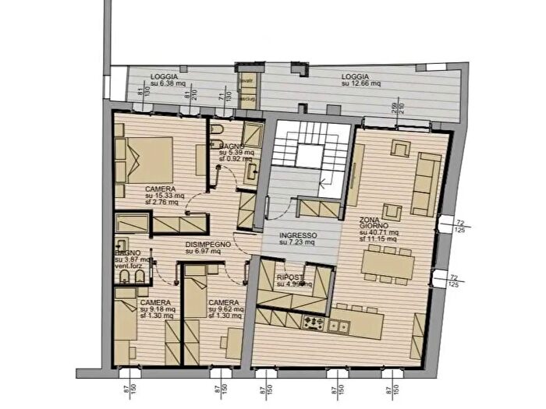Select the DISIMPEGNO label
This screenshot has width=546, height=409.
pos(207,245)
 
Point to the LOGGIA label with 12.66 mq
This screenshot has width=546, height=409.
pos(354,76)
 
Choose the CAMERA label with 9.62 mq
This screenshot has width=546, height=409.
pos(223,302)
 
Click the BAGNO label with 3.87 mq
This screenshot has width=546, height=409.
pos(128,253)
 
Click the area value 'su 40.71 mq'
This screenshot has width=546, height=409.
pos(380,232)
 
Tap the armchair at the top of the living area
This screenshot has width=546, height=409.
pos(400,147)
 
